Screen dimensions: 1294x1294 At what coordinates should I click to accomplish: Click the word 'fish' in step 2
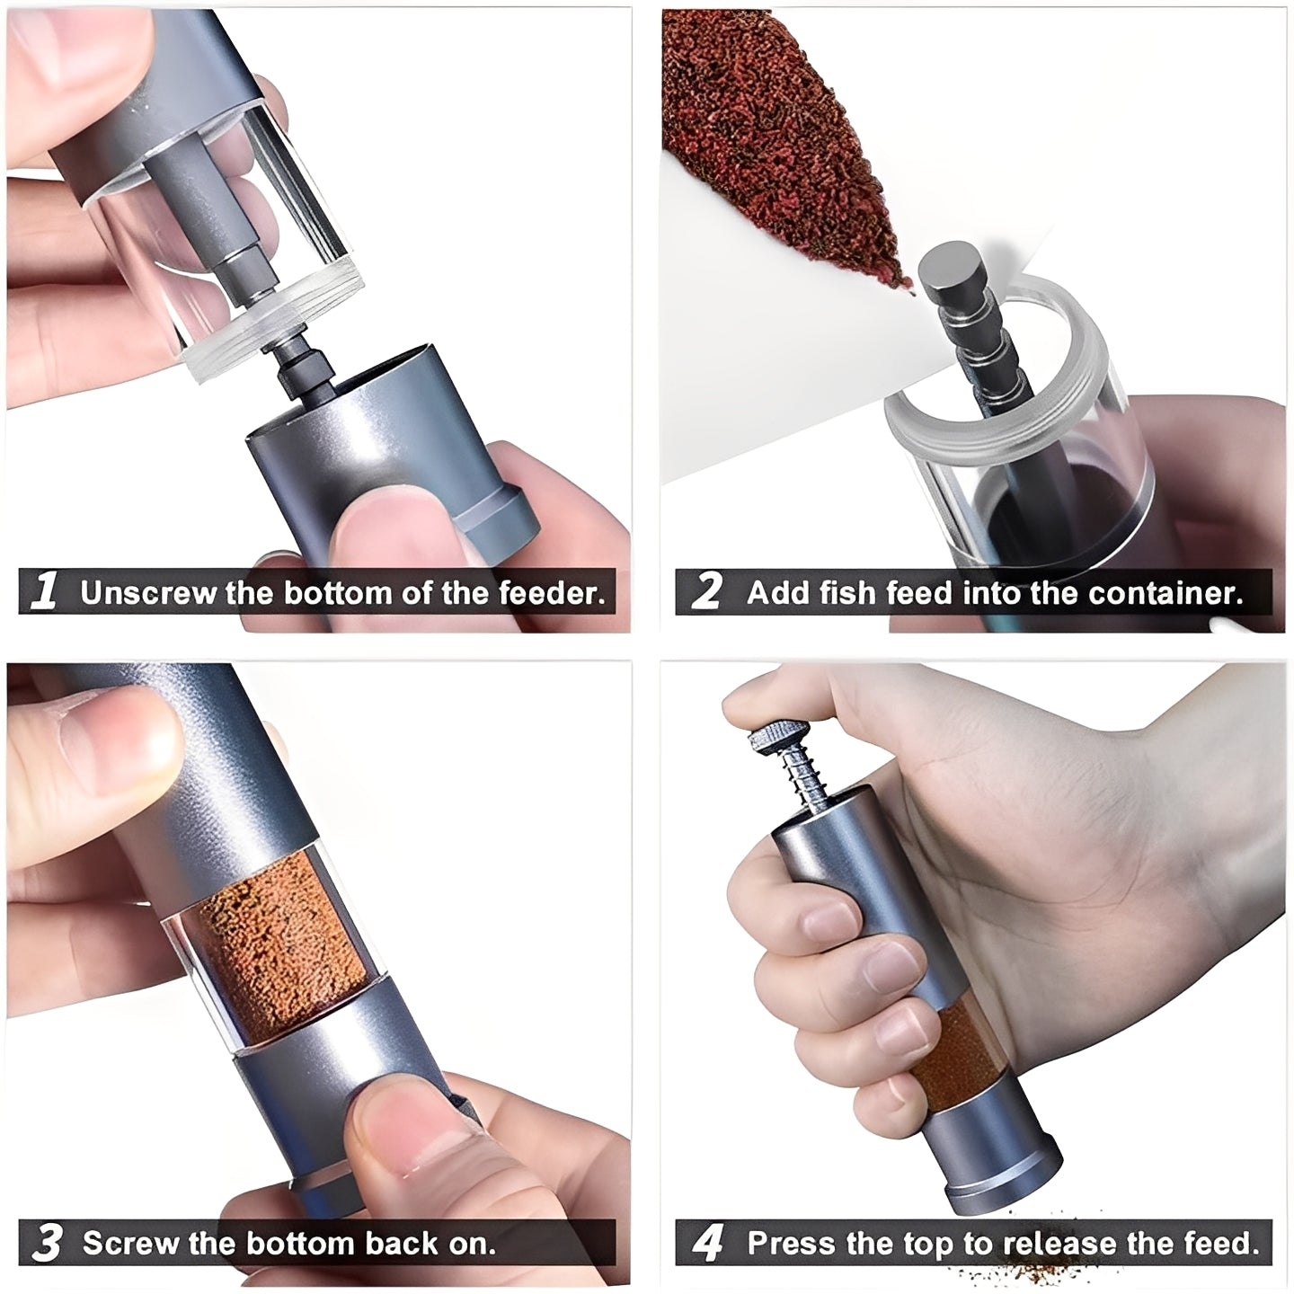click(x=854, y=593)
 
